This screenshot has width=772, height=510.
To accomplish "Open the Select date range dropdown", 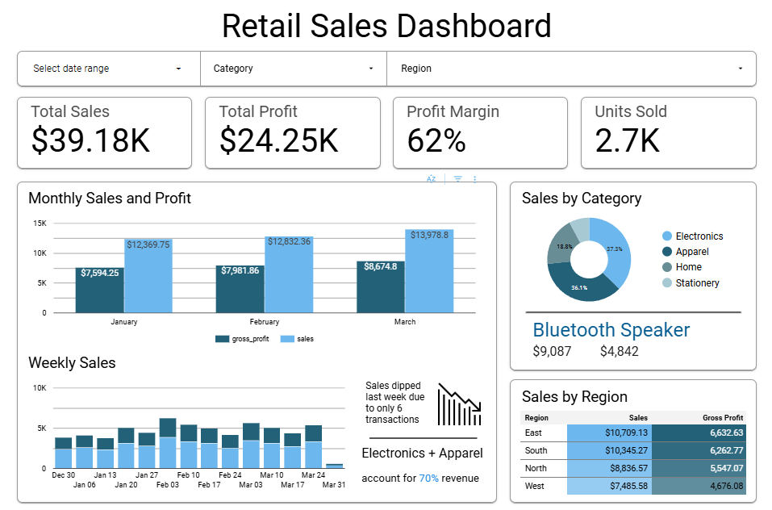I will coord(108,69).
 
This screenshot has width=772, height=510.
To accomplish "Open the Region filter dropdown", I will coord(571,69).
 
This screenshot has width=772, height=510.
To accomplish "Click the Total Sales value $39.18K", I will coord(91,140).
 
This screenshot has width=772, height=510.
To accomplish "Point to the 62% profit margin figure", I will coord(436,140).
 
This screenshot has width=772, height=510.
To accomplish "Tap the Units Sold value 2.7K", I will coord(628,140).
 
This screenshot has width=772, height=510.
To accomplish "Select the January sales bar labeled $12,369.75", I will coord(148,278).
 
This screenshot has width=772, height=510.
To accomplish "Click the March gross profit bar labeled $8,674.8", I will coord(381,288).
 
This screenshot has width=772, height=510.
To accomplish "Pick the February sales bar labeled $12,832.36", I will coord(289,277).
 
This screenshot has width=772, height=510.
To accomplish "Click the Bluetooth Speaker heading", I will coord(611,329).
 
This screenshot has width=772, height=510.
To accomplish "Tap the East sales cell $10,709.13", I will coord(610,433).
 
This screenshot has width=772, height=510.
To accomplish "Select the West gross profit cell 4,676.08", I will coord(699,486).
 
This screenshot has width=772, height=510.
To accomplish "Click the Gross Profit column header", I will coord(722,418).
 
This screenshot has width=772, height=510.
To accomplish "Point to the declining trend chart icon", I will coord(459,404).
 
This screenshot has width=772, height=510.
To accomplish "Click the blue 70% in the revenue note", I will coord(428,479).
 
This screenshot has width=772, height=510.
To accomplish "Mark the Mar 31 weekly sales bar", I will coord(334,466).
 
